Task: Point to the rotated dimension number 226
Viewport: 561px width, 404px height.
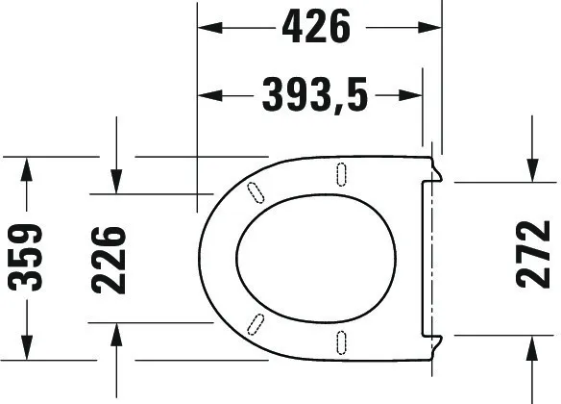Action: click(x=110, y=259)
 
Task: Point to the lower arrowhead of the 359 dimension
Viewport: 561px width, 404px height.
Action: click(x=28, y=347)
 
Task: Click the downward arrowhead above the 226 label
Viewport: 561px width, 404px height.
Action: click(x=116, y=180)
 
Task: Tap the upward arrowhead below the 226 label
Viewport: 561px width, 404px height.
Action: click(x=116, y=336)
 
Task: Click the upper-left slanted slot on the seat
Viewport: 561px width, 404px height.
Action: click(x=256, y=191)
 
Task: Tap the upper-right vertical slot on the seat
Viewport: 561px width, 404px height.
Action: click(x=342, y=172)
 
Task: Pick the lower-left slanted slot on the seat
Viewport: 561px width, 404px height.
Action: click(x=256, y=323)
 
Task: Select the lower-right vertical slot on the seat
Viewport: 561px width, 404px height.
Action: click(x=342, y=342)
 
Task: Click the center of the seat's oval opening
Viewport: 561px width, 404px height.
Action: click(x=314, y=258)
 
